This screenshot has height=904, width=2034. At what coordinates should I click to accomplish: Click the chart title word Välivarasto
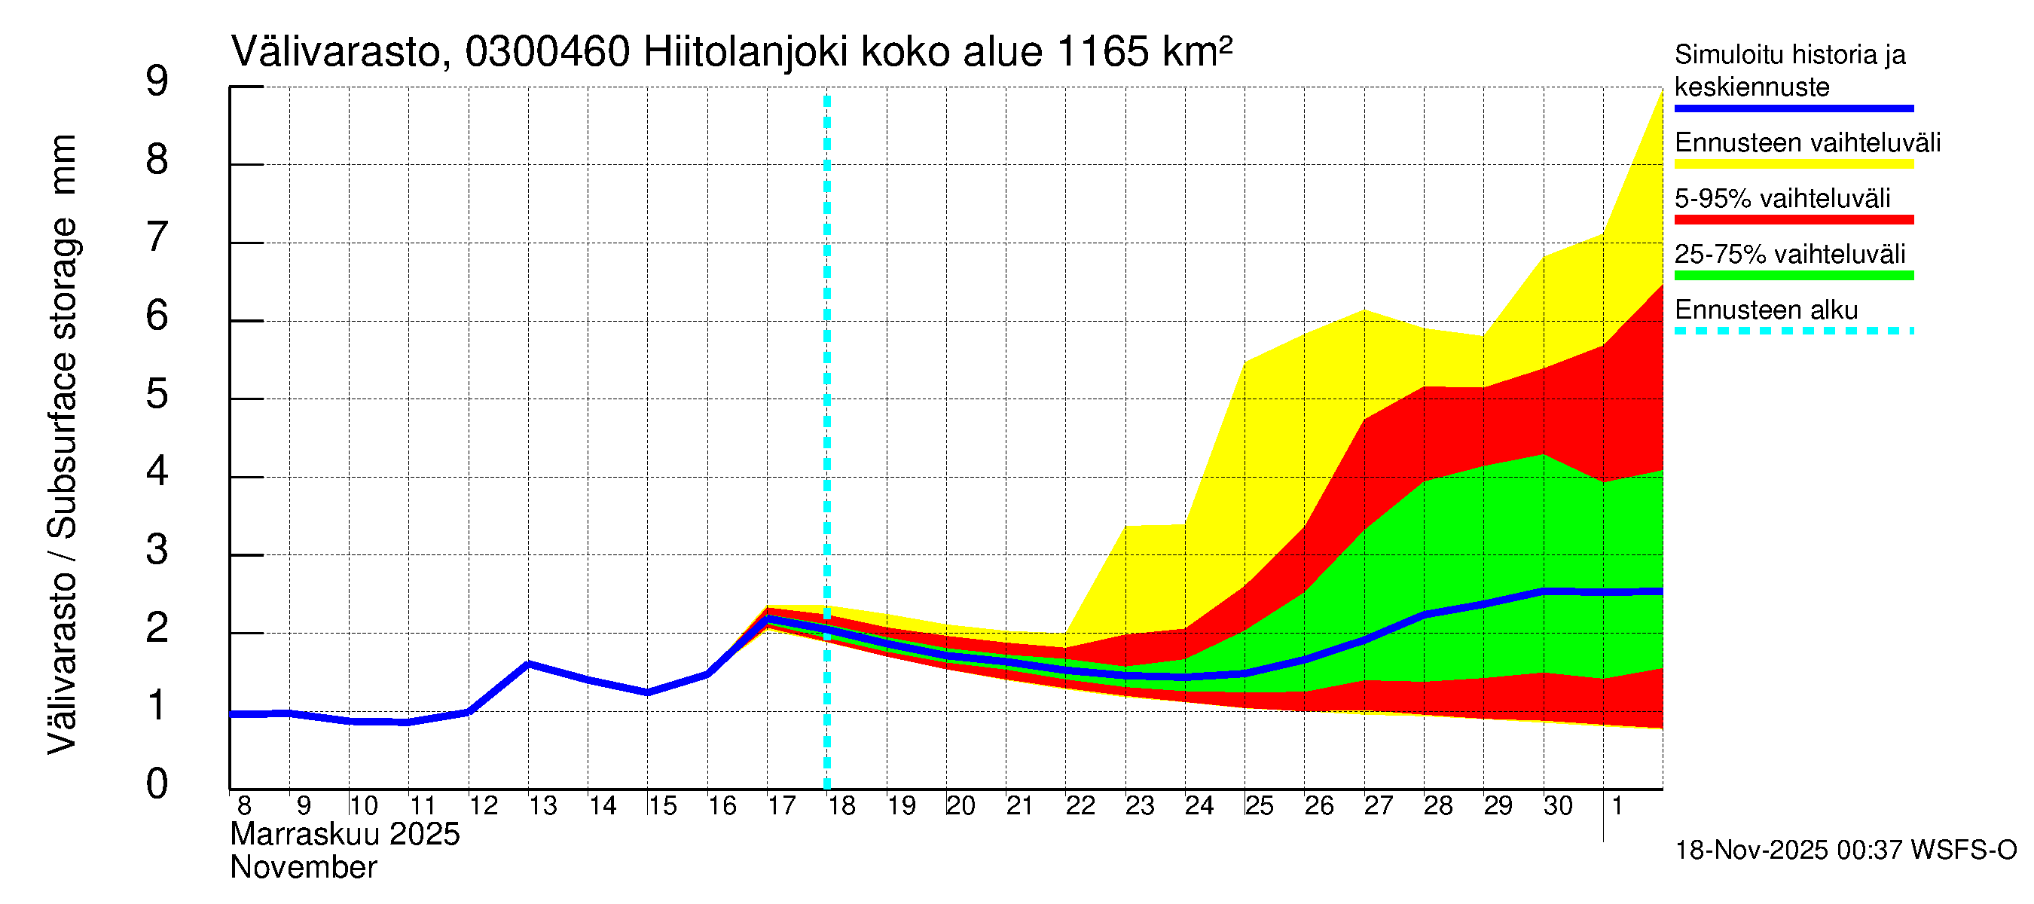pyautogui.click(x=335, y=52)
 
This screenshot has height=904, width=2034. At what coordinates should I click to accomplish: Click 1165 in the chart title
pyautogui.click(x=1101, y=52)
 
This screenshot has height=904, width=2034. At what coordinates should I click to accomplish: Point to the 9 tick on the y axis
pyautogui.click(x=157, y=81)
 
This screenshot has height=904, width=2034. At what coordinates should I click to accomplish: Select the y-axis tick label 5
pyautogui.click(x=157, y=394)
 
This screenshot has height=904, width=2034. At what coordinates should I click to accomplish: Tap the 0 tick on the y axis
pyautogui.click(x=157, y=784)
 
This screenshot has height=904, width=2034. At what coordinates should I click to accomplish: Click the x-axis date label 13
pyautogui.click(x=542, y=806)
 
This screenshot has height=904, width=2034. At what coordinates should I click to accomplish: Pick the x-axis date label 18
pyautogui.click(x=841, y=806)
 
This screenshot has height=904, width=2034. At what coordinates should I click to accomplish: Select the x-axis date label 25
pyautogui.click(x=1260, y=806)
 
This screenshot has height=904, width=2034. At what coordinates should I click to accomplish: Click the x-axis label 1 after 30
pyautogui.click(x=1617, y=806)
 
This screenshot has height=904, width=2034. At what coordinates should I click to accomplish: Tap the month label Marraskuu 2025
pyautogui.click(x=345, y=835)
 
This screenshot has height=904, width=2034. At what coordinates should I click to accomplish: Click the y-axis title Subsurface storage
pyautogui.click(x=62, y=379)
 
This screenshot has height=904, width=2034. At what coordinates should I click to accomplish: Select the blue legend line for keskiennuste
pyautogui.click(x=1793, y=108)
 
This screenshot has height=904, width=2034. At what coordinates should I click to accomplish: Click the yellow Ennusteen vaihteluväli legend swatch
pyautogui.click(x=1793, y=164)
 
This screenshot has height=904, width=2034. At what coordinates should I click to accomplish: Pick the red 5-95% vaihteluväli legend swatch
pyautogui.click(x=1793, y=219)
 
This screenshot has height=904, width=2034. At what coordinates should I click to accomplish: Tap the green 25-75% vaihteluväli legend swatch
pyautogui.click(x=1793, y=276)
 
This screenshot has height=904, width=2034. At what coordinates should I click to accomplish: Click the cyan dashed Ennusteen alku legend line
pyautogui.click(x=1793, y=331)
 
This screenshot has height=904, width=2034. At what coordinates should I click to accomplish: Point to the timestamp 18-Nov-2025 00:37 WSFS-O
pyautogui.click(x=1845, y=851)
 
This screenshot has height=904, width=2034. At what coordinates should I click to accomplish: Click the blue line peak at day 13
pyautogui.click(x=528, y=664)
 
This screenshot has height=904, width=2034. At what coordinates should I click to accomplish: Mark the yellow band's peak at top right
pyautogui.click(x=1661, y=92)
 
